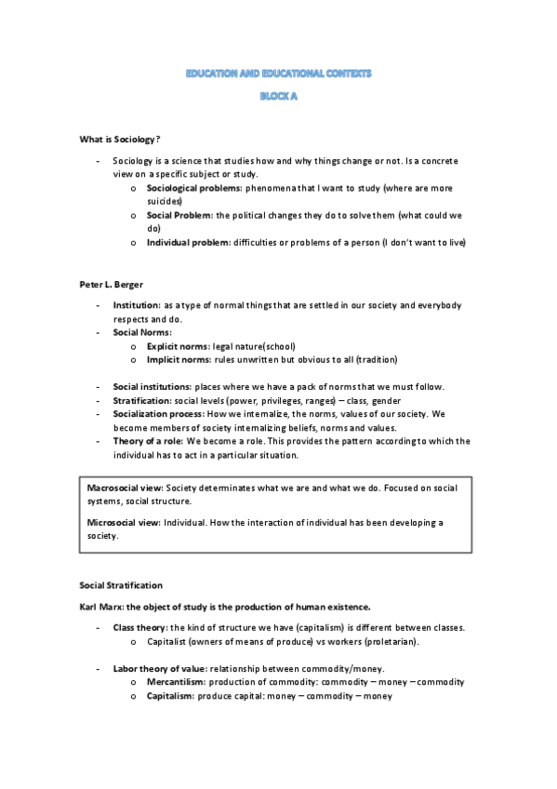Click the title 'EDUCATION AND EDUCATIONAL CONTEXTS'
[278, 73]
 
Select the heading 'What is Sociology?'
[120, 139]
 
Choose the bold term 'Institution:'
[136, 305]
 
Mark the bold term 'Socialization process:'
[159, 413]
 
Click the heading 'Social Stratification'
[121, 585]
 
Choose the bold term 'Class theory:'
[139, 628]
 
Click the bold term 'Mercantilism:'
[179, 682]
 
